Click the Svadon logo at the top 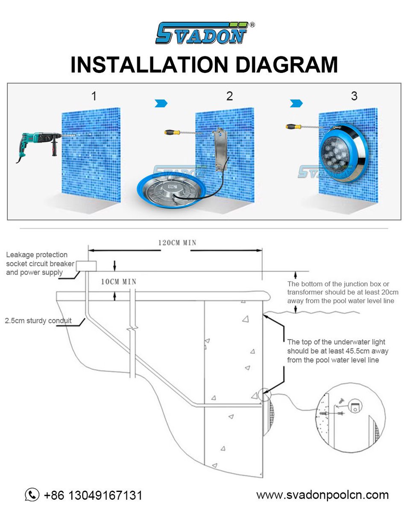pos(205,33)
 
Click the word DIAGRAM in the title pos(286,65)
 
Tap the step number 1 pos(94,96)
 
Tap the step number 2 pos(229,96)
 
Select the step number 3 pos(354,96)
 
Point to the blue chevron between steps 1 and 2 pos(161,103)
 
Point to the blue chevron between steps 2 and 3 pos(296,103)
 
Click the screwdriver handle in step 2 pos(172,132)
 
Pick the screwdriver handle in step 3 pos(293,126)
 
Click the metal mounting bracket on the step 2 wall pos(220,149)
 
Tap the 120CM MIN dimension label pos(177,243)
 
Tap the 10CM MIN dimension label pos(119,282)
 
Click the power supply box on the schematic pos(86,266)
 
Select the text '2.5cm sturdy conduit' pos(38,320)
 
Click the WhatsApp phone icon pos(32,495)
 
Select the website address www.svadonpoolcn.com pos(322,495)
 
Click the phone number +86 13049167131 pos(93,495)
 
